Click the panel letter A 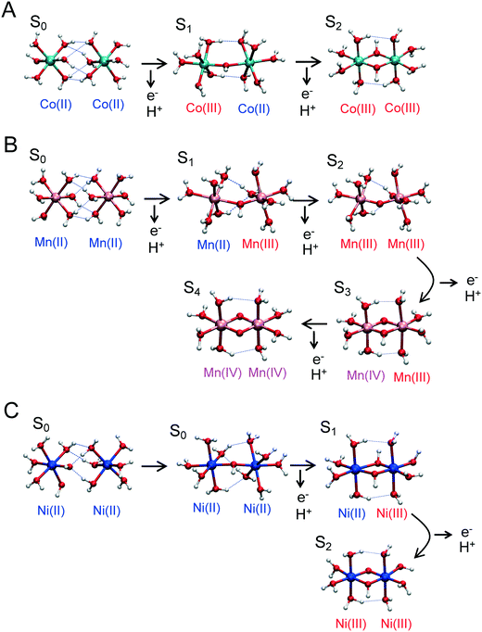click(9, 10)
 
